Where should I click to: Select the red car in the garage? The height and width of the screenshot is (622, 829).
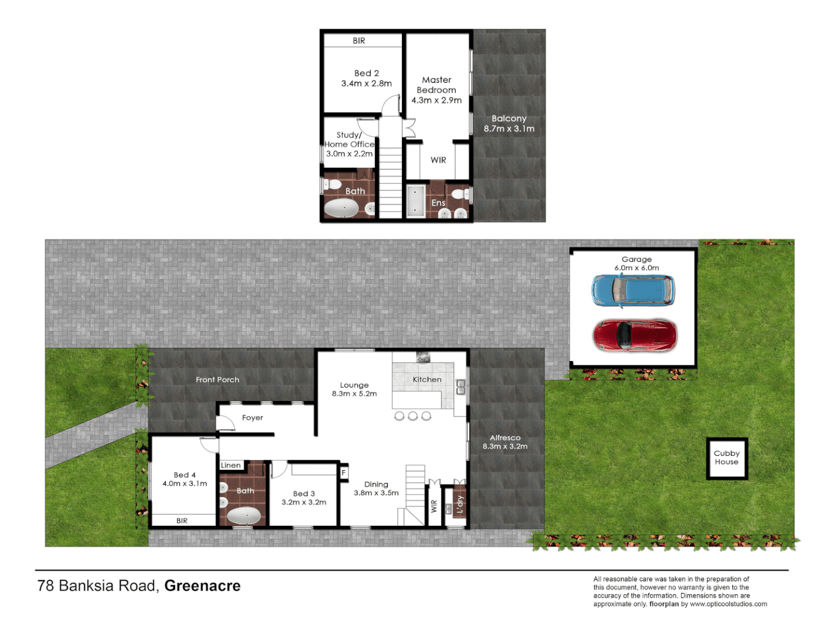[x=634, y=335]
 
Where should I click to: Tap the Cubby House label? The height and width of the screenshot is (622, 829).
[x=727, y=458]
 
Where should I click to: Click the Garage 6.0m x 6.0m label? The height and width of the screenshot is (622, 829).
[x=637, y=264]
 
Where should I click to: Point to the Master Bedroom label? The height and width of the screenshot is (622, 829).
[x=436, y=85]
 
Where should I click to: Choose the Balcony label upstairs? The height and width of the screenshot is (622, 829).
[x=509, y=119]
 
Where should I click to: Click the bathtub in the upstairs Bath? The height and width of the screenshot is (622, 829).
[x=341, y=208]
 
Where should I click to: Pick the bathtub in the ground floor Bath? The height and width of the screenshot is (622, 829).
[x=244, y=515]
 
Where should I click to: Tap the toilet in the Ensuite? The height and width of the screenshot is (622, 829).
[x=459, y=193]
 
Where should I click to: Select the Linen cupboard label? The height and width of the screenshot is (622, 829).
[x=231, y=465]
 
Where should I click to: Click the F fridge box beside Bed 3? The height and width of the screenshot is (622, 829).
[x=344, y=473]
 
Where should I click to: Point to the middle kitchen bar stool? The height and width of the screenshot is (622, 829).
[x=413, y=416]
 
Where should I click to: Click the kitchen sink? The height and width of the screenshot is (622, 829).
[x=461, y=387]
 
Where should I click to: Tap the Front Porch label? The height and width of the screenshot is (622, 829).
[x=217, y=380]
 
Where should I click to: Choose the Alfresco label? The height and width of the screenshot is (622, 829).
[x=505, y=438]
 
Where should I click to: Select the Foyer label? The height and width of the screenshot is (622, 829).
[x=252, y=418]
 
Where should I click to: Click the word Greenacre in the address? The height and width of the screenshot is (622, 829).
[x=202, y=586]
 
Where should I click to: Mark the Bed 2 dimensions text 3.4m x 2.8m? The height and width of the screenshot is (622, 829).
[x=366, y=84]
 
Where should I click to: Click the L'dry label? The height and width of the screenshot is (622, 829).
[x=459, y=504]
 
